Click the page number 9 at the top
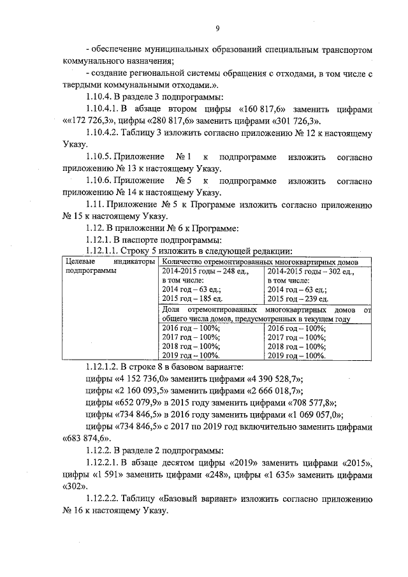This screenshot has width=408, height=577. (x=217, y=28)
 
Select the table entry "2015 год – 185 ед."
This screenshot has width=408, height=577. (x=189, y=298)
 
